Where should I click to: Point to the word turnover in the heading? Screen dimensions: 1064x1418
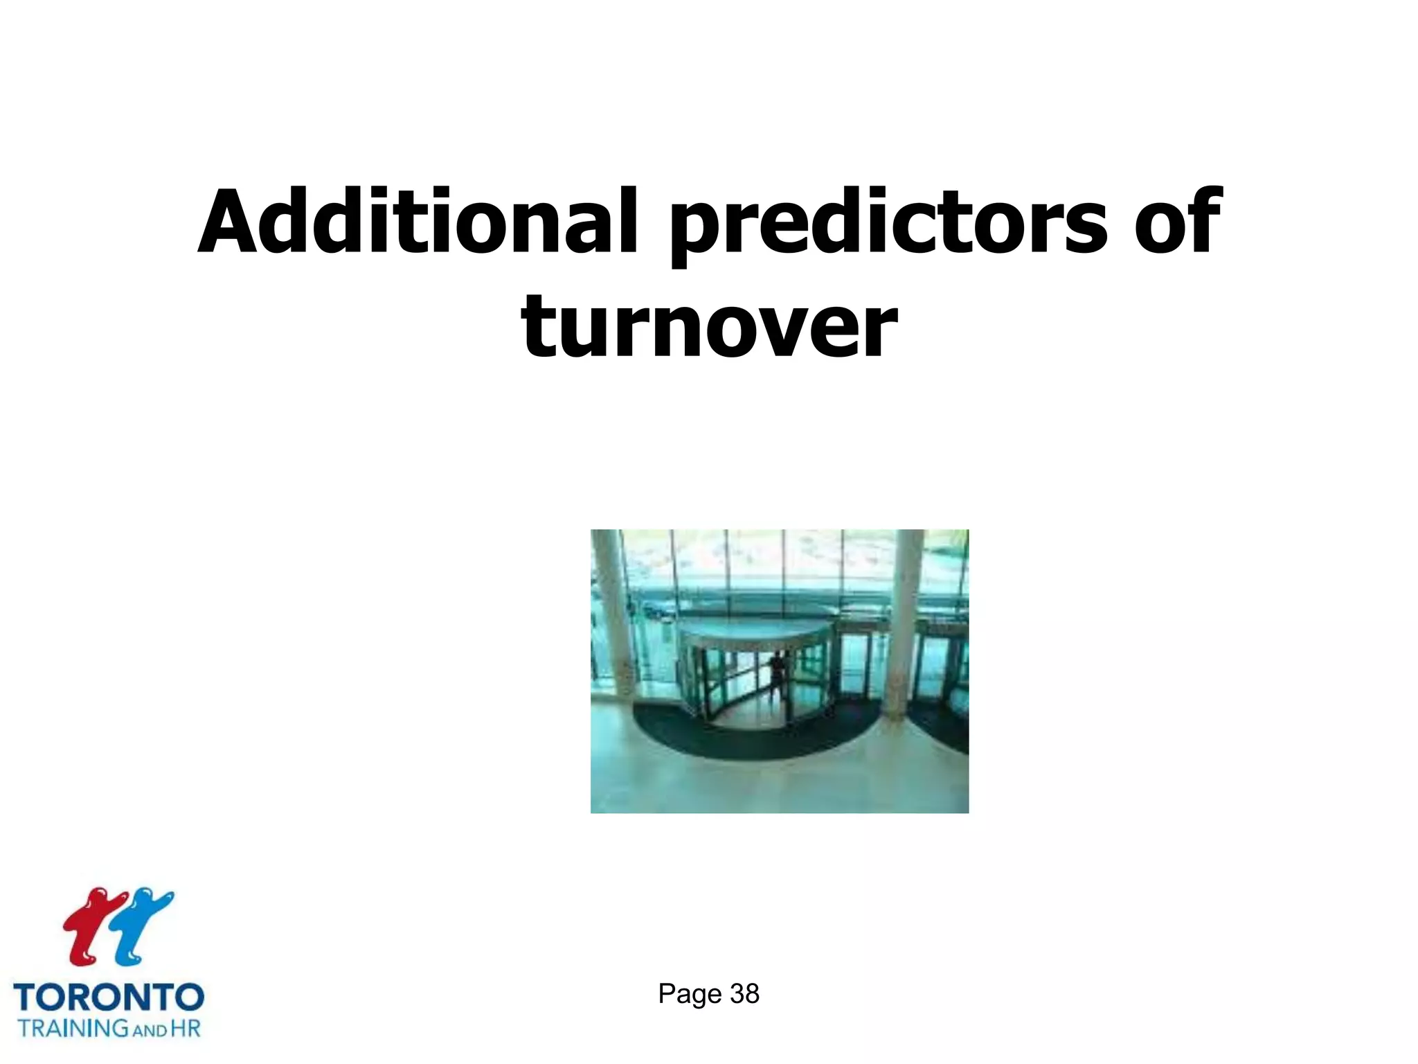[x=709, y=326]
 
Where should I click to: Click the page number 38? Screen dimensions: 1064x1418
[x=744, y=994]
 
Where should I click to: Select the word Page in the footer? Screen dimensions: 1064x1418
[x=690, y=995]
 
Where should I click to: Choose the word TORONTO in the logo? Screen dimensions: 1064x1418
[x=109, y=997]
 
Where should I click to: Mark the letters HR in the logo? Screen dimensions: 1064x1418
[x=185, y=1027]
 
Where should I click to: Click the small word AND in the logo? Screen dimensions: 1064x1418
[x=150, y=1030]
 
